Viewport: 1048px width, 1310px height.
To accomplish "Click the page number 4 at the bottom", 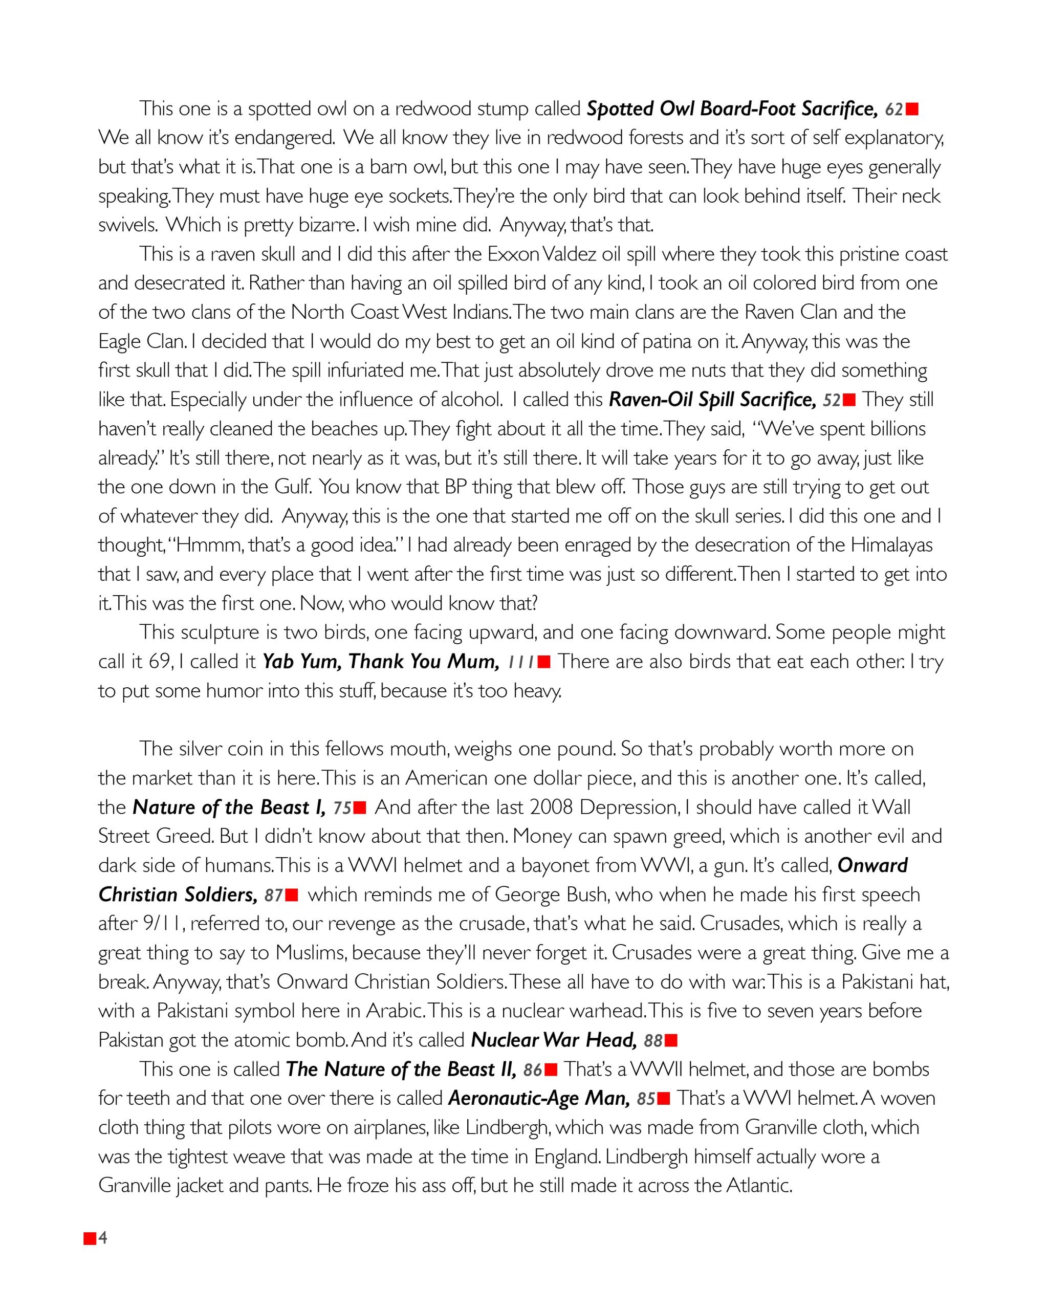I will (103, 1238).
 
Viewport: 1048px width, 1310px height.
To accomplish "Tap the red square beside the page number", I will (90, 1238).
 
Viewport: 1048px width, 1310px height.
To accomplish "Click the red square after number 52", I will (849, 400).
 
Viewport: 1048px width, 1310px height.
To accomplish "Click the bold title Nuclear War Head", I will (554, 1040).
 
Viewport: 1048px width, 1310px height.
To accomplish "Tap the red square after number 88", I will (671, 1041).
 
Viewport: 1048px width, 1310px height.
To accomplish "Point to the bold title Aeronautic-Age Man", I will (539, 1099).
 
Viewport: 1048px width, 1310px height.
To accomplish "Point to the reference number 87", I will (274, 896).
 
